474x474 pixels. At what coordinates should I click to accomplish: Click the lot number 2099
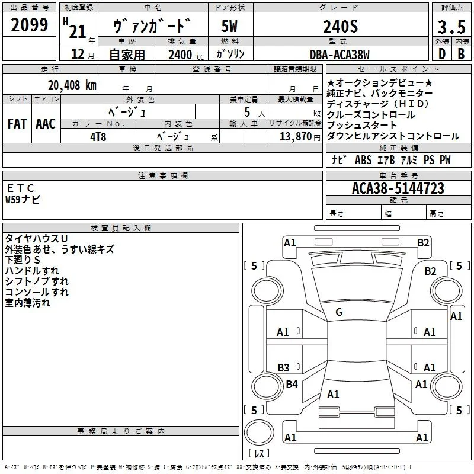coord(29,25)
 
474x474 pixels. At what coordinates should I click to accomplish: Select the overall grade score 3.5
coord(451,27)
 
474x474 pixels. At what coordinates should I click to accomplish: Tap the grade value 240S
coord(341,27)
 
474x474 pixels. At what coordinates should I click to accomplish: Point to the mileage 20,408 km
coord(72,85)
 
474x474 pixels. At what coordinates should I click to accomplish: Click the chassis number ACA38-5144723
coord(398,188)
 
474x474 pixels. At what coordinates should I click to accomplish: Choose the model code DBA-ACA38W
coord(340,55)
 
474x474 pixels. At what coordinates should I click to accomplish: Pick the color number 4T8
coord(98,137)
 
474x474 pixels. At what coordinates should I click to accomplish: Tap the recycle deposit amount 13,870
coord(296,136)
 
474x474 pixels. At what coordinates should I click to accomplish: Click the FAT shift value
coord(17,124)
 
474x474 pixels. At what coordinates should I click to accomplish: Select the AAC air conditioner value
coord(46,124)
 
